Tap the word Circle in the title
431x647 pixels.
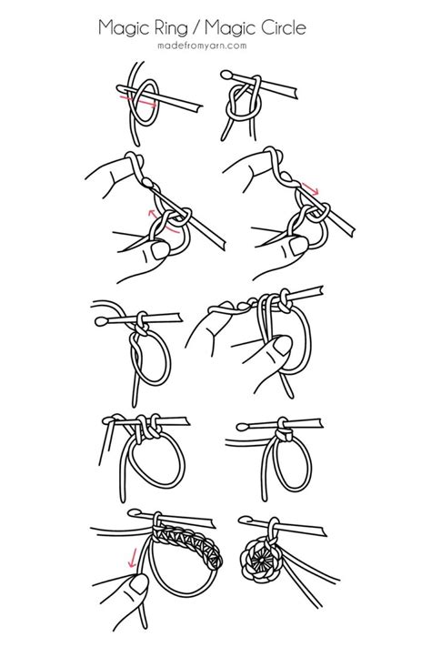[x=281, y=28]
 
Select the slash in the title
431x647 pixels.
[x=195, y=28]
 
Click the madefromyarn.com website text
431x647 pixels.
[x=202, y=45]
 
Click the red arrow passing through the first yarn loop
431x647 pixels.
[x=137, y=101]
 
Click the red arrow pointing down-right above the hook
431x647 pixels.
[x=311, y=188]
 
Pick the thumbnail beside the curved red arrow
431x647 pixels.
[x=159, y=250]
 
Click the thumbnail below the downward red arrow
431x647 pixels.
[x=139, y=585]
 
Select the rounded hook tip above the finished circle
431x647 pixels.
[x=244, y=521]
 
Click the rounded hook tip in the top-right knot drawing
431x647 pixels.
[x=226, y=75]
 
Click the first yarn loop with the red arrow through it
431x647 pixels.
[x=145, y=103]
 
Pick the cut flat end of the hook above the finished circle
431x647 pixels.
[x=324, y=531]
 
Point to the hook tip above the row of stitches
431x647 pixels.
[x=134, y=513]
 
